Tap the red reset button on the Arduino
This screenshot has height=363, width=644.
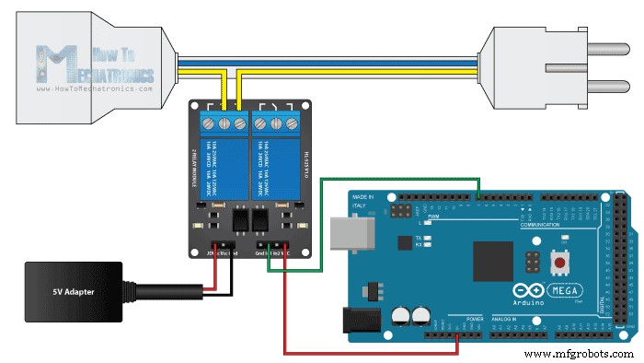(x=558, y=263)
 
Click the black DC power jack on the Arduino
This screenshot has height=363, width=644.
(x=362, y=320)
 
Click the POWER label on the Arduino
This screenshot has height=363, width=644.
(x=474, y=319)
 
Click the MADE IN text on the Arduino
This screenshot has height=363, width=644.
(x=363, y=196)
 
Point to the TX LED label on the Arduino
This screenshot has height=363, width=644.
(x=419, y=237)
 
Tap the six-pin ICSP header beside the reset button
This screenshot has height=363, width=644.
(x=533, y=263)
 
